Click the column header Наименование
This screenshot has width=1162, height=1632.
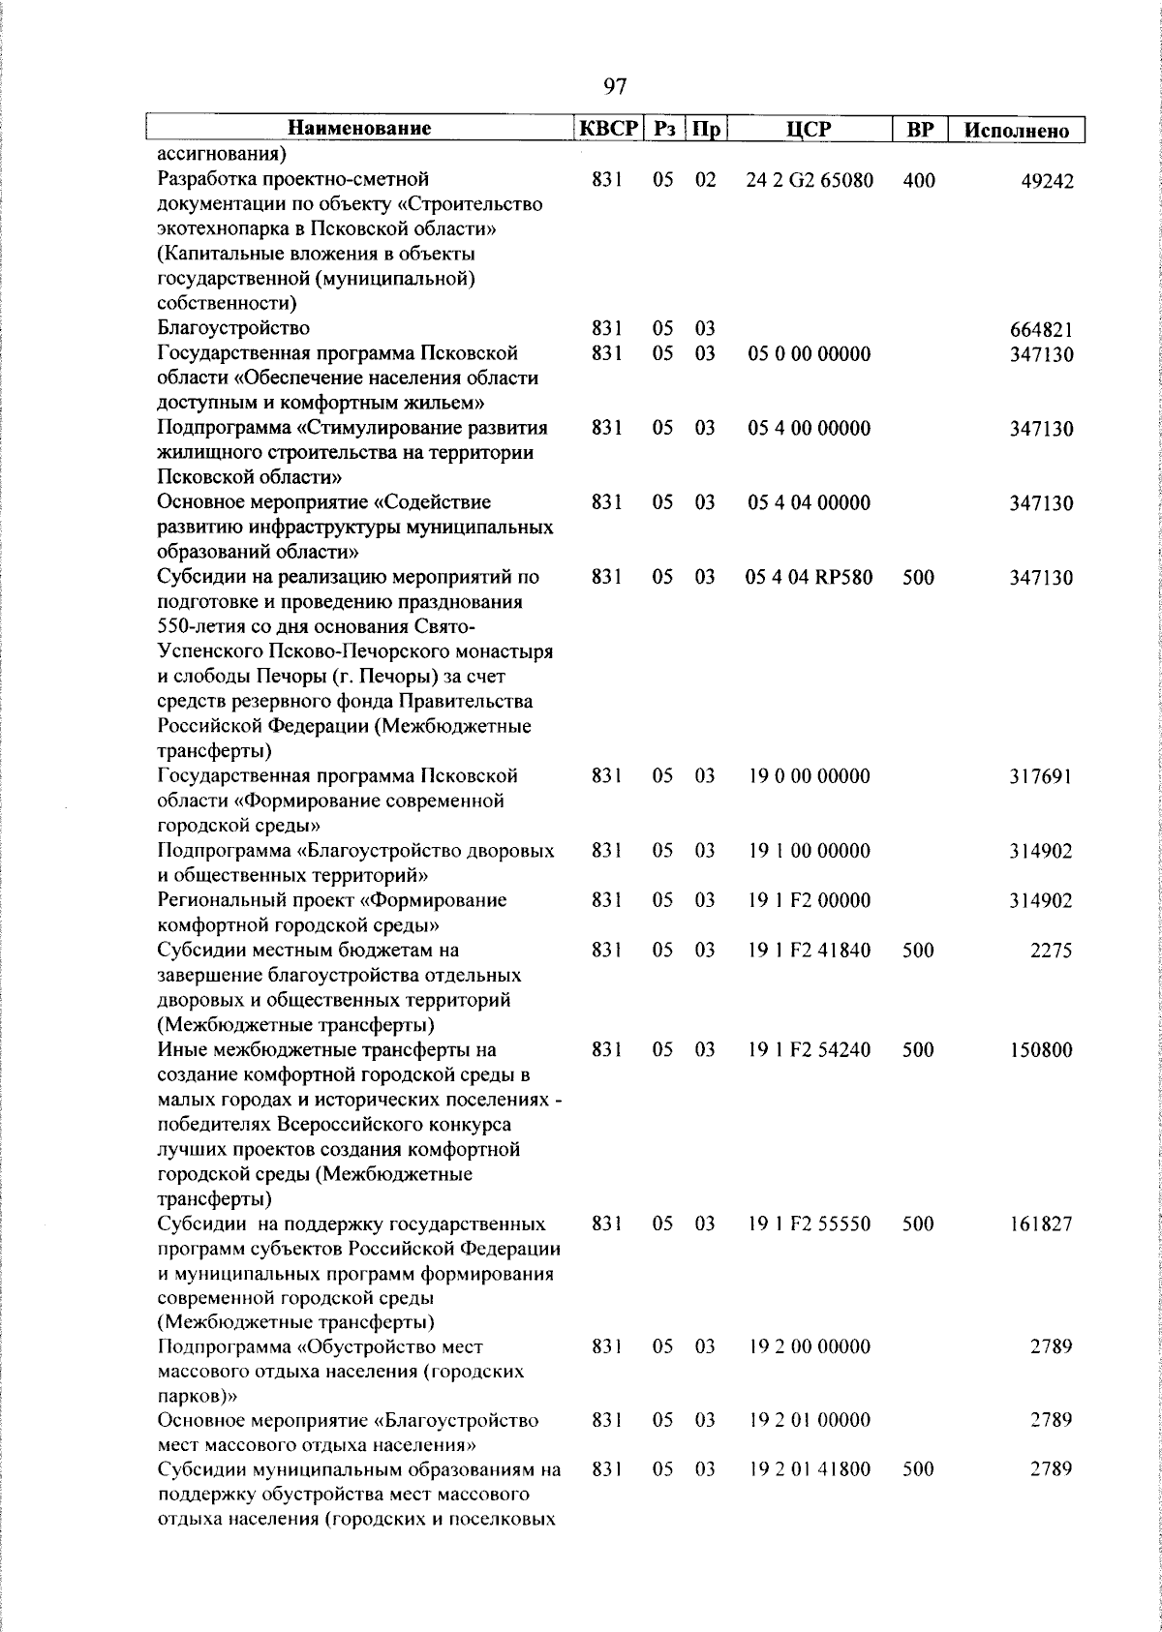point(359,128)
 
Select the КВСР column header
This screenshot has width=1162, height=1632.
point(608,128)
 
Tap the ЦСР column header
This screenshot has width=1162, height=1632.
point(810,129)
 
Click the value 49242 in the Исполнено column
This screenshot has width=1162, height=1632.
point(1047,181)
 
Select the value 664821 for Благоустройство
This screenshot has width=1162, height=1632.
point(1041,330)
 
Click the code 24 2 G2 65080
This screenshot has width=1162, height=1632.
point(810,180)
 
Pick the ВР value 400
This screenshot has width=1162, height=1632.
point(918,180)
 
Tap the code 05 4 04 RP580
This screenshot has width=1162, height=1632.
point(810,578)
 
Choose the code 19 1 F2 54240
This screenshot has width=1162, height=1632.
point(810,1049)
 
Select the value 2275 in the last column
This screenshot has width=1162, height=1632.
point(1052,951)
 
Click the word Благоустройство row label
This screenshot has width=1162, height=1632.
point(233,328)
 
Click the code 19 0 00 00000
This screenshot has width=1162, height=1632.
point(810,776)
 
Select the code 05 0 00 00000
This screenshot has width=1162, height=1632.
point(810,353)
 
